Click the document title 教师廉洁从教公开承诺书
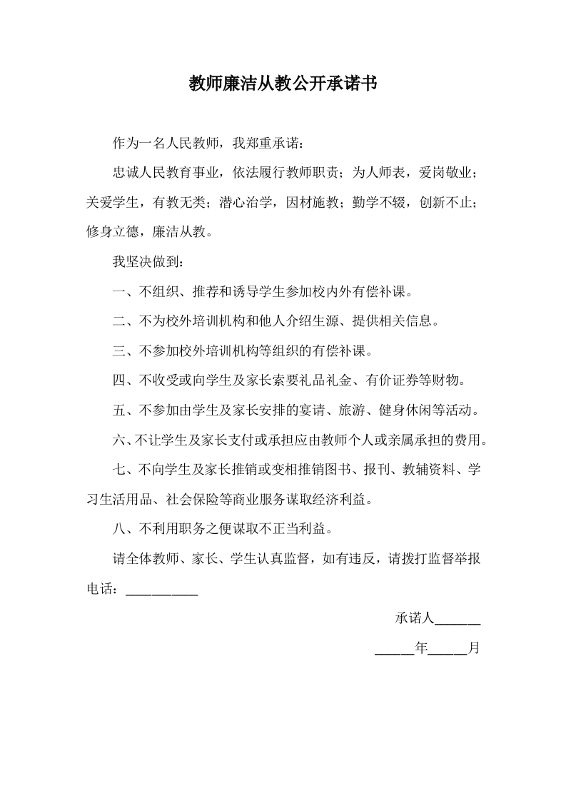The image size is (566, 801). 283,85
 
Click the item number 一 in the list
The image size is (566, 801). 119,292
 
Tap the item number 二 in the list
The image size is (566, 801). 119,321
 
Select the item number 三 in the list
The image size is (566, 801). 119,351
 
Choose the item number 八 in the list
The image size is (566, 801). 119,530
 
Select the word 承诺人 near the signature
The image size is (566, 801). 414,618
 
